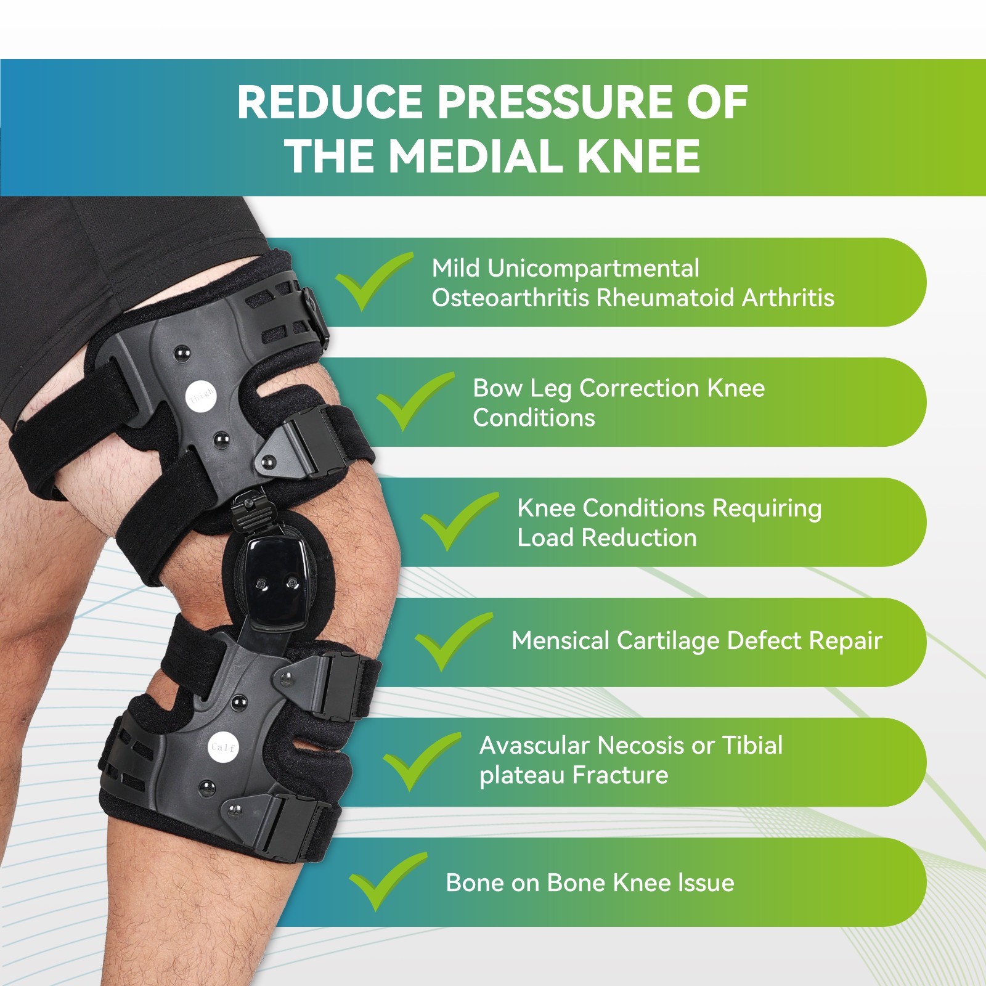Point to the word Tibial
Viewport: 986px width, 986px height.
click(x=752, y=746)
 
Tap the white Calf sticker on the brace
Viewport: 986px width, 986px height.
click(x=222, y=747)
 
